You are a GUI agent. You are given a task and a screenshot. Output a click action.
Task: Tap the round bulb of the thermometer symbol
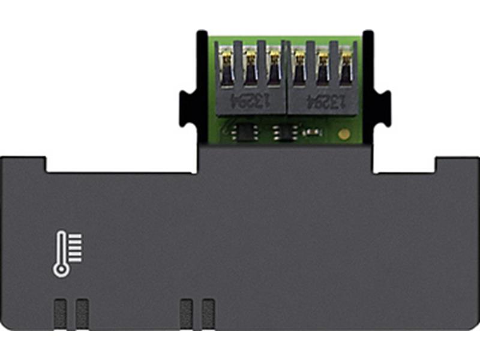tap(60, 270)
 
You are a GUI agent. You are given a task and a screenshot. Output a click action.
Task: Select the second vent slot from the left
tap(82, 313)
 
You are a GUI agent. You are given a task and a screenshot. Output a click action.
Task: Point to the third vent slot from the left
tap(187, 313)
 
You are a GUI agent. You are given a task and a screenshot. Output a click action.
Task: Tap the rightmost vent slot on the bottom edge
tap(208, 313)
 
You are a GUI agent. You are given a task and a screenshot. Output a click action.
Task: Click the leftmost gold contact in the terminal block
tap(227, 60)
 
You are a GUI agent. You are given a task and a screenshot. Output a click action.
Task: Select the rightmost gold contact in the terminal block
tap(346, 60)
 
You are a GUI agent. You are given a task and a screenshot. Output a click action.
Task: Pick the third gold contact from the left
tap(274, 60)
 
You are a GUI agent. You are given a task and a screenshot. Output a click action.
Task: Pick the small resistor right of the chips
tap(310, 131)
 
